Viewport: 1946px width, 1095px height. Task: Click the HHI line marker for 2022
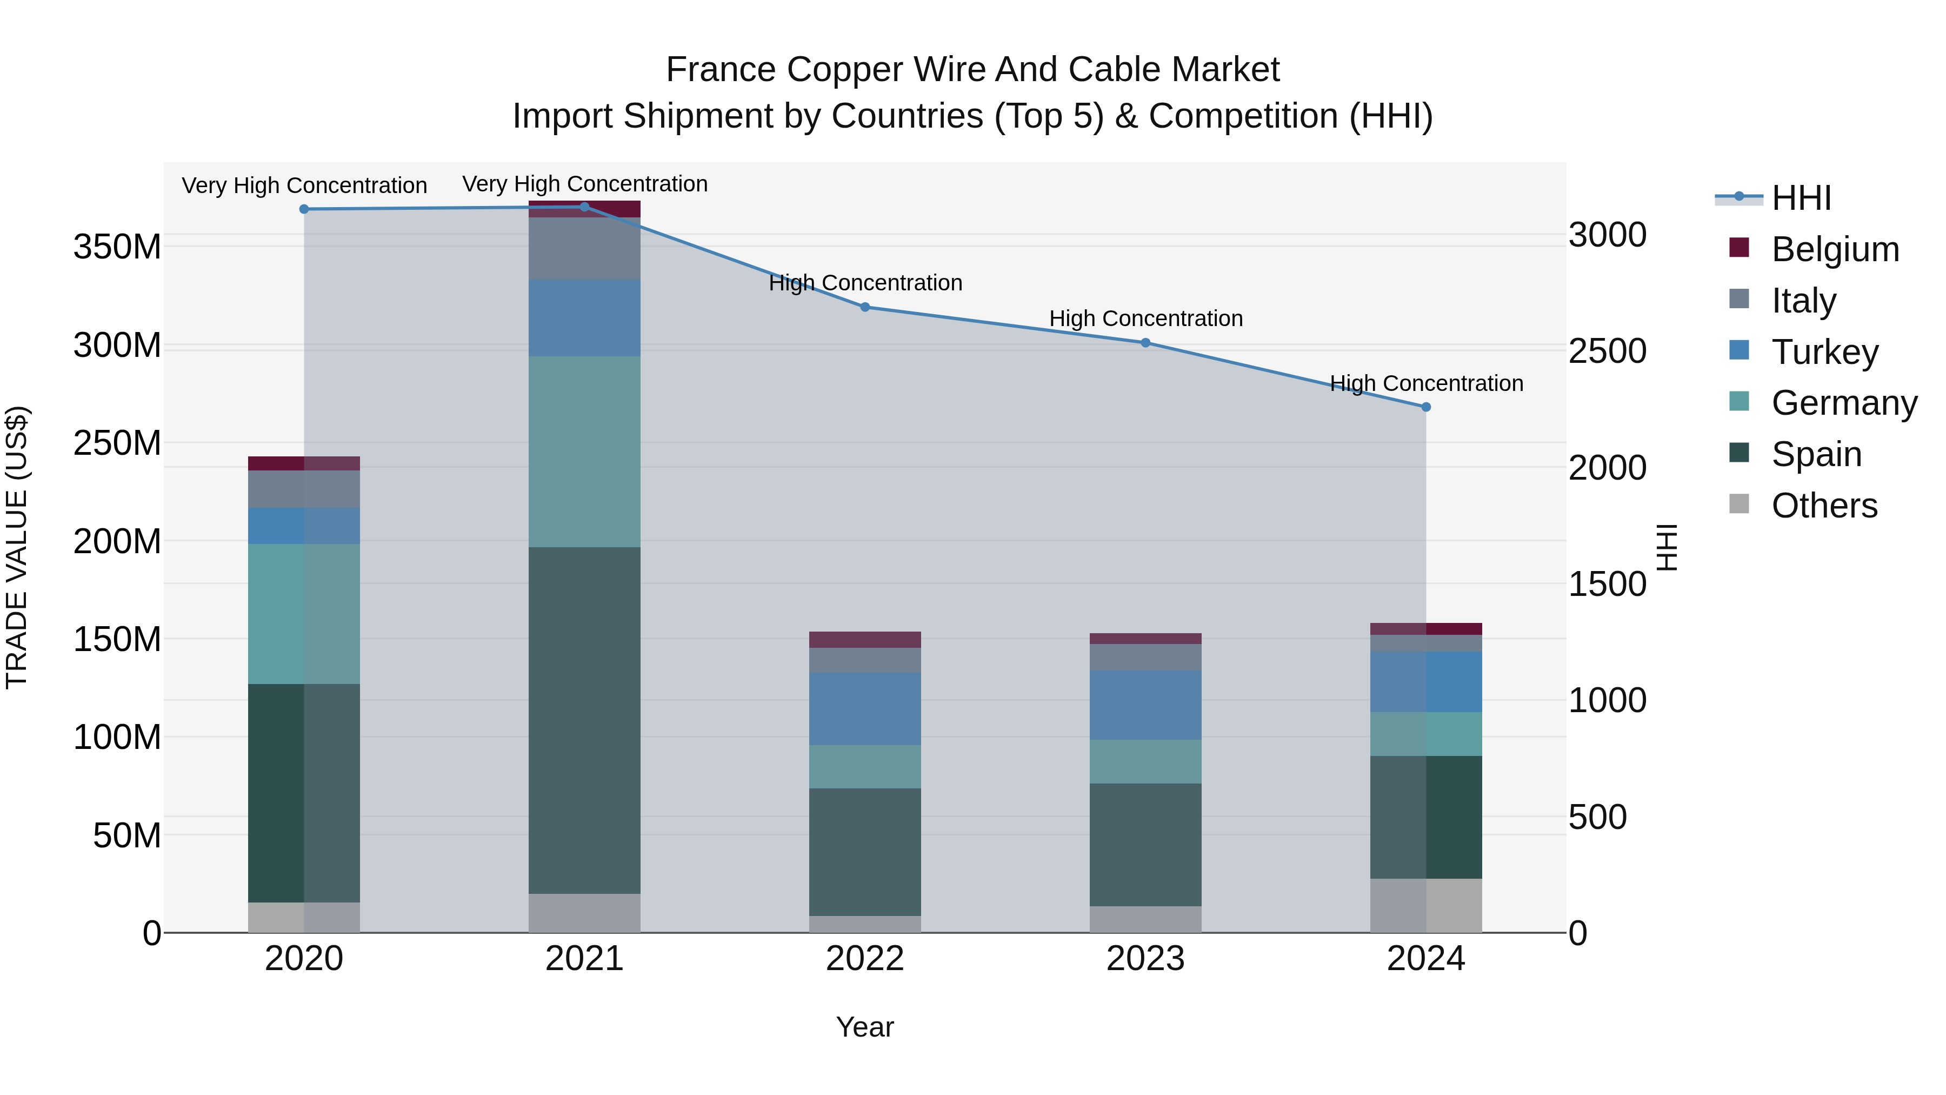pos(865,307)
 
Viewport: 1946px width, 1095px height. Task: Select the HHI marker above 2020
pos(304,209)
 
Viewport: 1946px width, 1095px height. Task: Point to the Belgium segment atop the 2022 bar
pos(865,639)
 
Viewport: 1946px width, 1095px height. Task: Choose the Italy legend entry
pos(1804,300)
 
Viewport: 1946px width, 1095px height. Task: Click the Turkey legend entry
pos(1824,351)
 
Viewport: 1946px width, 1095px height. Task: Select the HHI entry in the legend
pos(1801,198)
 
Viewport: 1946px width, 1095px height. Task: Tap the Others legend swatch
pos(1739,504)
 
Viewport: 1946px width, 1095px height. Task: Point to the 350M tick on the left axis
pos(117,247)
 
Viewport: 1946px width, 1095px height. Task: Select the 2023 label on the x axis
pos(1145,959)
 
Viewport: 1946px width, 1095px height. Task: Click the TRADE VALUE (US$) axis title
pos(17,547)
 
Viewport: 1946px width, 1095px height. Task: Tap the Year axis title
pos(865,1027)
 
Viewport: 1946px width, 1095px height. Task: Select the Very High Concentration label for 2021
pos(585,184)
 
